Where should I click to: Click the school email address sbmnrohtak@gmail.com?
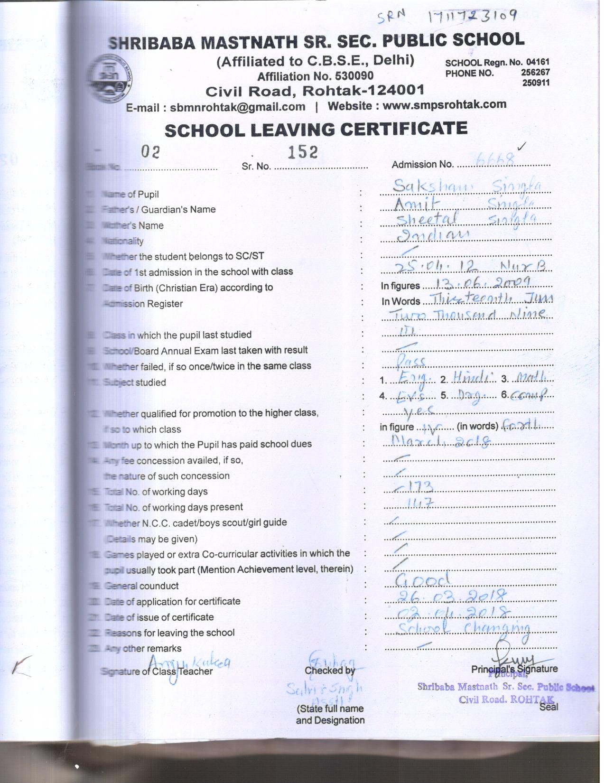(237, 107)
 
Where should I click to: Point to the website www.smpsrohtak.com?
(444, 105)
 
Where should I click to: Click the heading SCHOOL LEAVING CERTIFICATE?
(316, 130)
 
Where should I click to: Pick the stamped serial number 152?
(303, 152)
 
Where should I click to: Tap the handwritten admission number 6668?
(495, 159)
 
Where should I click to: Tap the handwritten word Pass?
(411, 362)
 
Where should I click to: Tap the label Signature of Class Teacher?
(157, 671)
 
